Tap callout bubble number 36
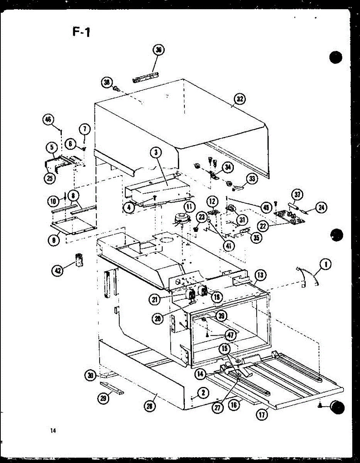(158, 50)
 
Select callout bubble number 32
(240, 100)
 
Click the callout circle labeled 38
(107, 82)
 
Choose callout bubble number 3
(155, 152)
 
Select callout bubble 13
(260, 275)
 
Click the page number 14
(52, 431)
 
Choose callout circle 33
(252, 179)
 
